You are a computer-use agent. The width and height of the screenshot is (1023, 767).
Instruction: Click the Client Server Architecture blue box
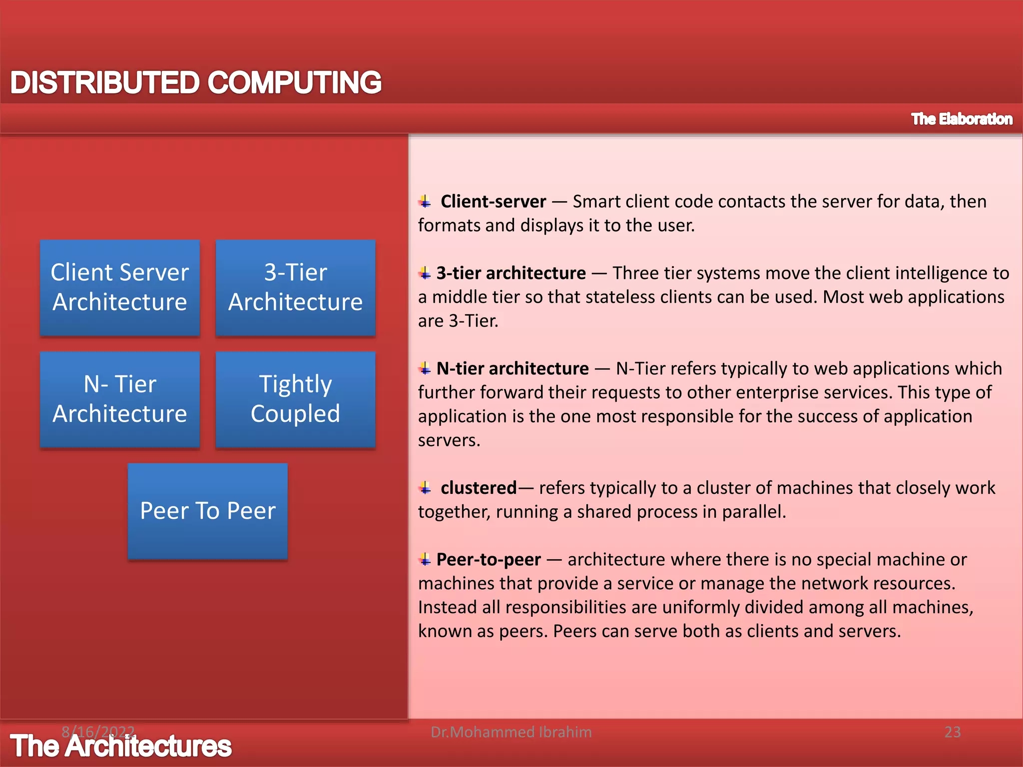click(x=120, y=288)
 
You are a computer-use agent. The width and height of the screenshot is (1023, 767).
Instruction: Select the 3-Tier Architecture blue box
click(x=295, y=288)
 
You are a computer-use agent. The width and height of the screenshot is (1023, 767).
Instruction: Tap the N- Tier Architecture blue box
click(x=120, y=399)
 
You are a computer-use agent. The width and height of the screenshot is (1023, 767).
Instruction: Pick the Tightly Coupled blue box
click(x=295, y=399)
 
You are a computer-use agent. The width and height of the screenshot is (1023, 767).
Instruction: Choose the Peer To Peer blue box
click(x=208, y=511)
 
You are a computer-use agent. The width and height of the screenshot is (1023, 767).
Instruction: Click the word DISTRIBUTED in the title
click(x=105, y=82)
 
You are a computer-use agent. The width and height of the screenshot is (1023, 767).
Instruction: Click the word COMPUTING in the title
click(x=295, y=82)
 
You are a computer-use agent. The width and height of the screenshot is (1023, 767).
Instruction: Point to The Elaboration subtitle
click(x=962, y=119)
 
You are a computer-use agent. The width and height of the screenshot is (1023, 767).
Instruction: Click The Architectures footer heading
click(x=121, y=747)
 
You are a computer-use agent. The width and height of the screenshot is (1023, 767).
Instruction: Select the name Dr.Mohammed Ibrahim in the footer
click(x=511, y=732)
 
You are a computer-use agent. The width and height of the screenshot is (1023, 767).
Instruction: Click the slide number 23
click(x=952, y=732)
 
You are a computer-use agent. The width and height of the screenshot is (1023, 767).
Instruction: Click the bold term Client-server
click(x=493, y=202)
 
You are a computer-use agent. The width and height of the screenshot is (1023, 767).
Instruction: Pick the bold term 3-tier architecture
click(x=511, y=273)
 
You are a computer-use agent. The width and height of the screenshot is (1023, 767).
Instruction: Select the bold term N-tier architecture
click(x=512, y=369)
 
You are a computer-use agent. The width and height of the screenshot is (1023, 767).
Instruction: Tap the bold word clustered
click(x=478, y=488)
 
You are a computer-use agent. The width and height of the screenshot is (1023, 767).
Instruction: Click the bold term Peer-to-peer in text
click(x=489, y=559)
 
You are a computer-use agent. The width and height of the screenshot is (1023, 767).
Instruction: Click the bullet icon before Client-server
click(x=425, y=202)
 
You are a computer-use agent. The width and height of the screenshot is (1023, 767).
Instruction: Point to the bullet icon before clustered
click(x=425, y=488)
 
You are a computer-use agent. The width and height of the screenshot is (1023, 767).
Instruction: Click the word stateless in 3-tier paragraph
click(x=622, y=297)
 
